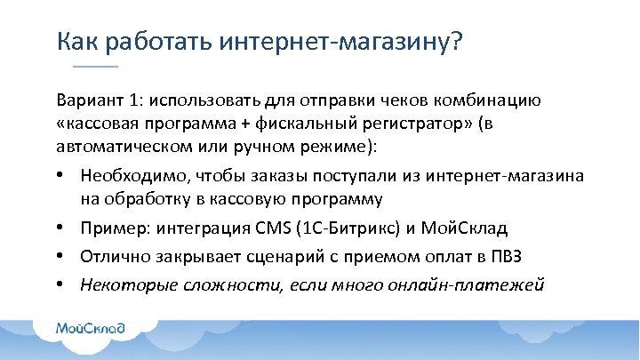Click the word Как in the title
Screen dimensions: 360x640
[74, 42]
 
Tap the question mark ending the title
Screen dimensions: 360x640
[455, 42]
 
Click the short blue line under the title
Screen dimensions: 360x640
[94, 68]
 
